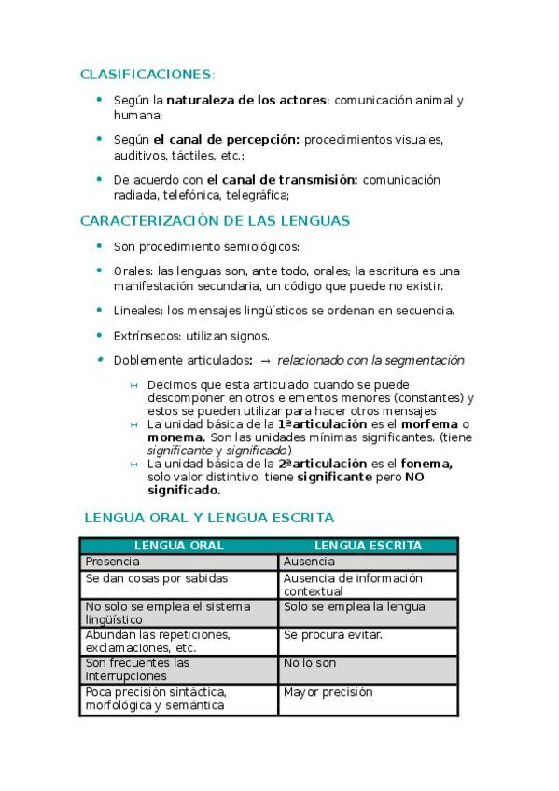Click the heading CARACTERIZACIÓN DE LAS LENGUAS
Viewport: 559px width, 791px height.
[x=215, y=221]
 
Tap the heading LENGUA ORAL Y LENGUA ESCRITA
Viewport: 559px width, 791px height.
[x=209, y=517]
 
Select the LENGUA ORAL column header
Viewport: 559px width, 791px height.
[x=179, y=546]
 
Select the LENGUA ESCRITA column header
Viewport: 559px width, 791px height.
[x=368, y=546]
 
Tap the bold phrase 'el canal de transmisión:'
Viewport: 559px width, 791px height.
[x=282, y=179]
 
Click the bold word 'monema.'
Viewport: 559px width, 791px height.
[x=176, y=437]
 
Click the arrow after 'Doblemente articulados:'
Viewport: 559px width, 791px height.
[x=265, y=360]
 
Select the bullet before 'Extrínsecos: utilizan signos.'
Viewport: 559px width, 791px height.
[x=100, y=335]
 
